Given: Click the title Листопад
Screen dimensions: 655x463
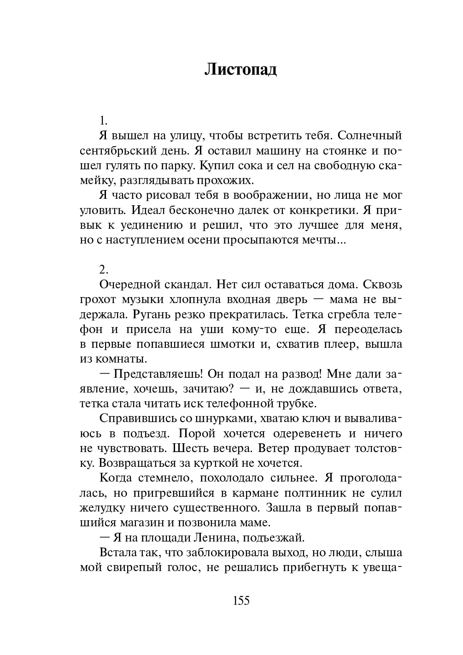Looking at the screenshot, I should [240, 70].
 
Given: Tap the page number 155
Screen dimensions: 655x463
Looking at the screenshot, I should [241, 601].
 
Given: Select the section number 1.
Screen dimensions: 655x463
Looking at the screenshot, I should [104, 121].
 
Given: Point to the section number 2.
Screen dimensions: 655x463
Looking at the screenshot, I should [104, 269].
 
